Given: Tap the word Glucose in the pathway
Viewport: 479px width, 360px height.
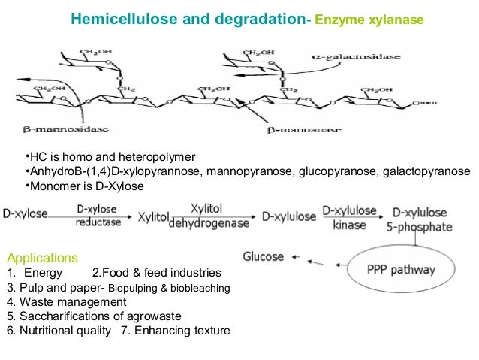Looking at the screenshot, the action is coord(264,257).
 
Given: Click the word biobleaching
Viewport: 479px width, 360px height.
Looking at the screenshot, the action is coord(202,287).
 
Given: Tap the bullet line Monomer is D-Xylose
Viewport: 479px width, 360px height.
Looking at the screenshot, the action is coord(83,186).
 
